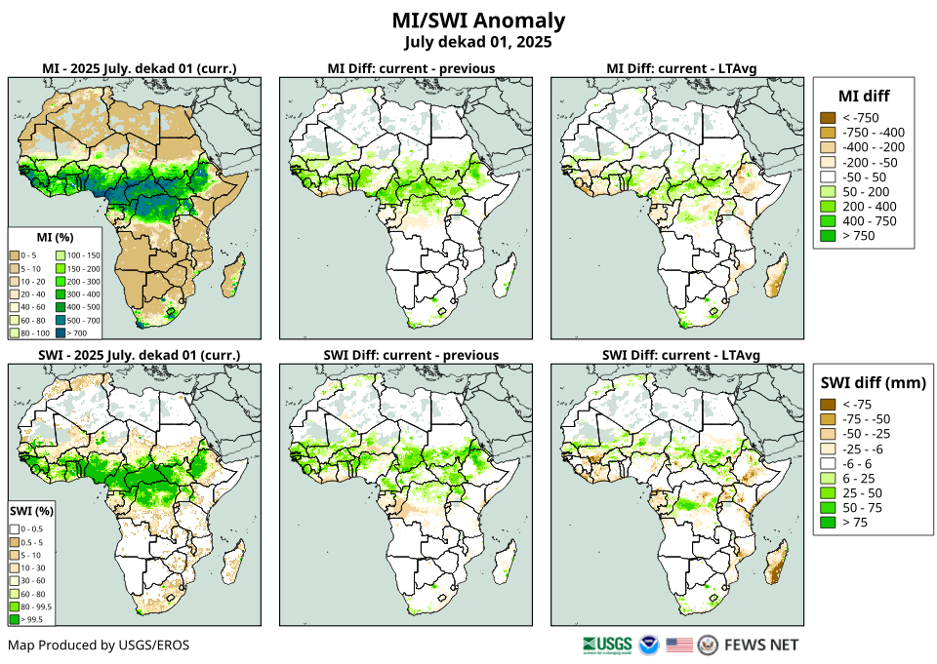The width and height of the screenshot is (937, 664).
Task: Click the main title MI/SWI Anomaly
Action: coord(478,20)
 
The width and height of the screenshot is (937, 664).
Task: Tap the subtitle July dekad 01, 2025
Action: coord(478,42)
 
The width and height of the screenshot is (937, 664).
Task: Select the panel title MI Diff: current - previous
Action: coord(410,68)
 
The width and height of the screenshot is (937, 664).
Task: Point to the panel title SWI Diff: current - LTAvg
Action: coord(681,354)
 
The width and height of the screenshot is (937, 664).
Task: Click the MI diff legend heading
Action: coord(864,96)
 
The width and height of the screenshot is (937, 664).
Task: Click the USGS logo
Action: coord(606,644)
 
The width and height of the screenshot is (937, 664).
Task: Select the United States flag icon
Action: coord(679,644)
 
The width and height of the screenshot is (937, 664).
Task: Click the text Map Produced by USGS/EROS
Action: coord(99,644)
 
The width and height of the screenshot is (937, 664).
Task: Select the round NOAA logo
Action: coord(649,644)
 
